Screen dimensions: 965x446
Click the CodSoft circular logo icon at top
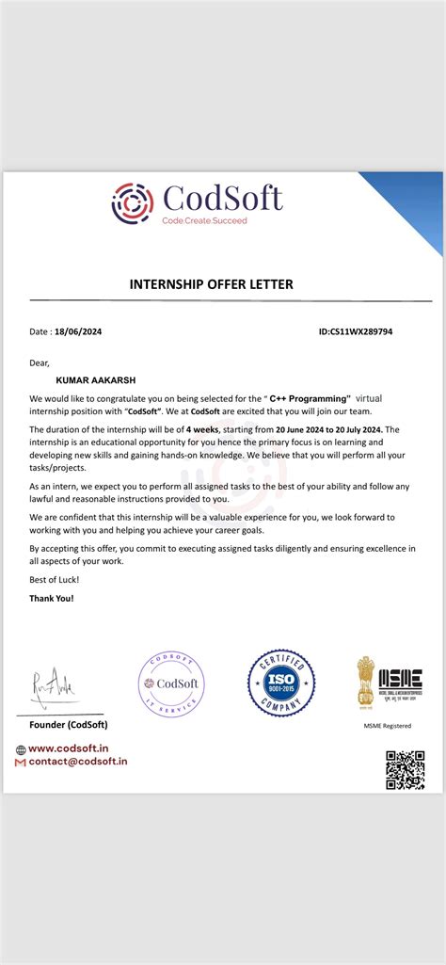pyautogui.click(x=133, y=201)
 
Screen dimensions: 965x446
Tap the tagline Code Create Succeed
pyautogui.click(x=204, y=220)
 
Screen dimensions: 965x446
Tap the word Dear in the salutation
pyautogui.click(x=39, y=362)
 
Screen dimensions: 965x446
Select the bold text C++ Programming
pyautogui.click(x=309, y=399)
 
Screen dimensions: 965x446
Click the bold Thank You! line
pyautogui.click(x=51, y=598)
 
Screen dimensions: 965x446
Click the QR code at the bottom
pyautogui.click(x=405, y=769)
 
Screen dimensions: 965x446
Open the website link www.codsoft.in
pyautogui.click(x=65, y=748)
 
